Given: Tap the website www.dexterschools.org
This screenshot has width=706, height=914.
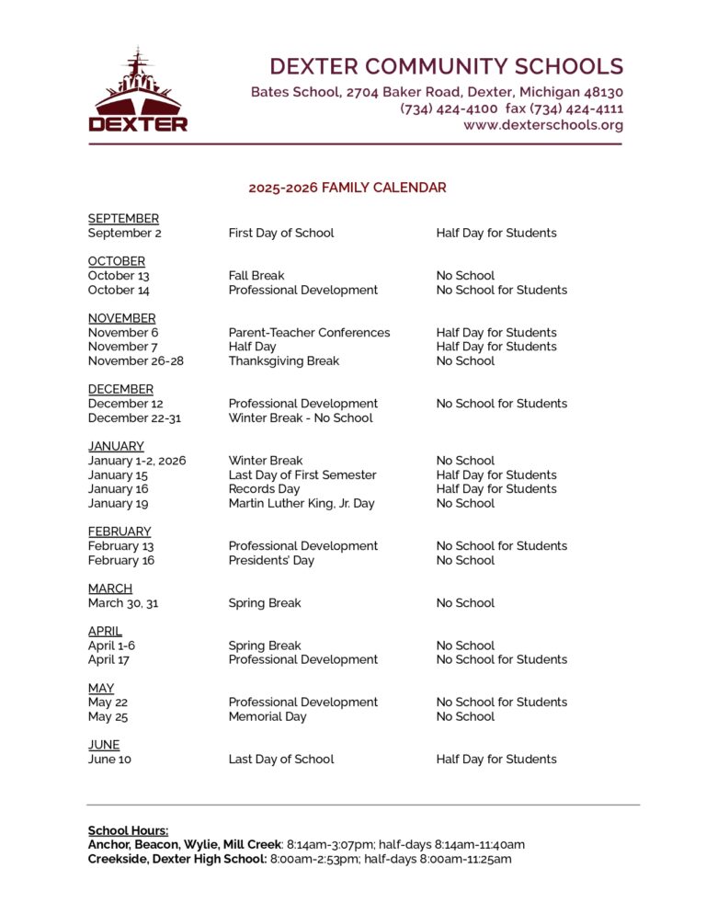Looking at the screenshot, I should coord(543,125).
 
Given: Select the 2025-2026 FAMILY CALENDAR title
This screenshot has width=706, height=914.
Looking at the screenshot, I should coord(347,188).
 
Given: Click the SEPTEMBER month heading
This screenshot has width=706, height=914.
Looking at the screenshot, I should coord(123,219).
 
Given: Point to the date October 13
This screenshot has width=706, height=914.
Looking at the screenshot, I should coord(119,276).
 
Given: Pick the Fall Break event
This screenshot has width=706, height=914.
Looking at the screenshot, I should coord(256,276).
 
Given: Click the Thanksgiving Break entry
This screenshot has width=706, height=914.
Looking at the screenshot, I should coord(283,361).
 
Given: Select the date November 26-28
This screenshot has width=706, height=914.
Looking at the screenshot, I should coord(136,361).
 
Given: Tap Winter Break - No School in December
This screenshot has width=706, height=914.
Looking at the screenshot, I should coord(301,418).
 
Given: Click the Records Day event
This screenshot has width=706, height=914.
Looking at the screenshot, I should coord(264,489).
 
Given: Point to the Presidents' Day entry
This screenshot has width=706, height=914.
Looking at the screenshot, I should coord(271,561).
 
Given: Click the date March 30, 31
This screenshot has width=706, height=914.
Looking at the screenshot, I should coord(123,603).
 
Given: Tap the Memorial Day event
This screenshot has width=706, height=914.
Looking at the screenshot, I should coord(268,717).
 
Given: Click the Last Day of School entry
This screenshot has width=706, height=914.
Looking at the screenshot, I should coord(281,760).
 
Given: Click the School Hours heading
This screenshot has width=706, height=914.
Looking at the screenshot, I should coord(128,831).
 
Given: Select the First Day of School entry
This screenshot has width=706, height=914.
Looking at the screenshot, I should coord(281,234).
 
